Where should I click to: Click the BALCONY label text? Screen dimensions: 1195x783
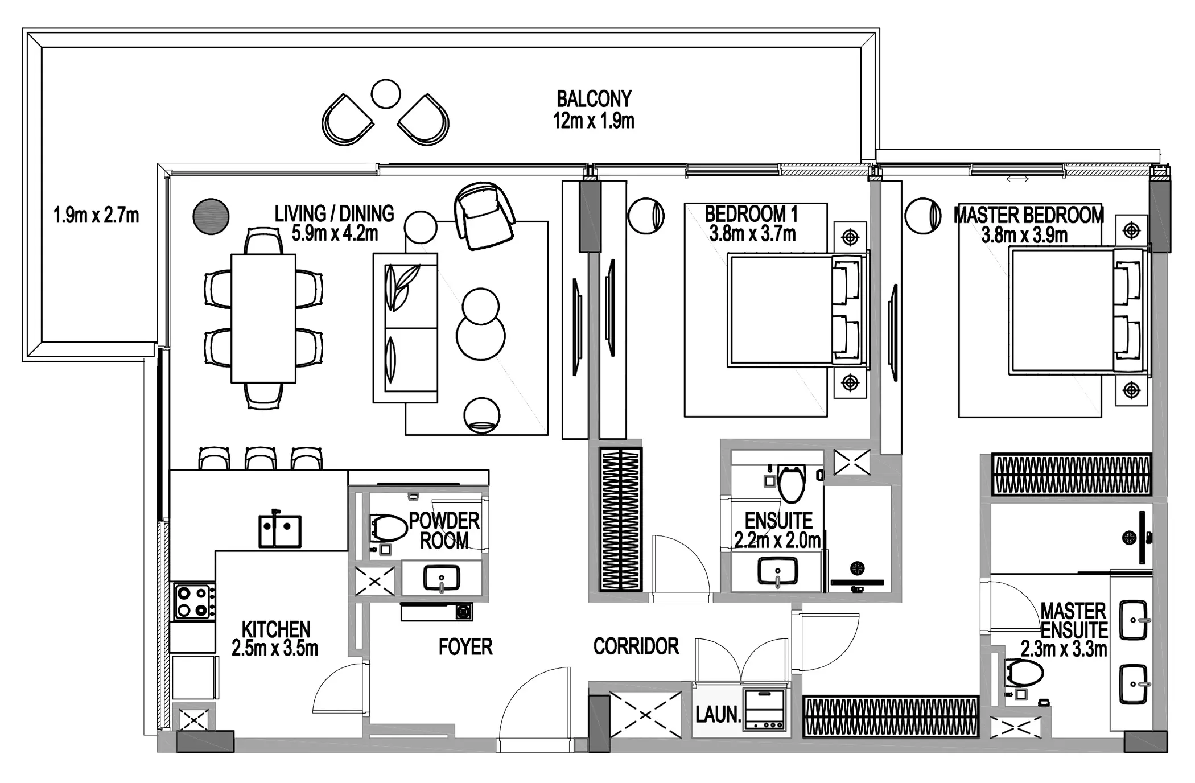(x=594, y=99)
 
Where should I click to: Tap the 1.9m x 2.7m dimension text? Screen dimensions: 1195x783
(x=96, y=215)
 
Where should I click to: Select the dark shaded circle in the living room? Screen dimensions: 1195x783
(x=211, y=216)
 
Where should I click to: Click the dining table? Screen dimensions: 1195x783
(x=263, y=318)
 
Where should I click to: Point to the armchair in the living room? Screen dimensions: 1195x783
(x=484, y=216)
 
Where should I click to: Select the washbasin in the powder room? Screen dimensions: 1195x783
(x=442, y=579)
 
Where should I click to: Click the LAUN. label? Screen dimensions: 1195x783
(x=718, y=714)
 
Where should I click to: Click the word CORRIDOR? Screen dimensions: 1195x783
(x=636, y=646)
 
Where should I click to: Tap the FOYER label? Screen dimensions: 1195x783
(x=465, y=646)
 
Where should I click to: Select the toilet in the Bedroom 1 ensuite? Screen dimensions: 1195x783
(x=792, y=483)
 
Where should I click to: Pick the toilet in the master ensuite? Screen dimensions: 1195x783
(x=1024, y=673)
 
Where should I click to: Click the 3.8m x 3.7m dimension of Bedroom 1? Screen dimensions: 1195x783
(x=752, y=234)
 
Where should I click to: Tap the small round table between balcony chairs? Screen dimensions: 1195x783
(x=385, y=94)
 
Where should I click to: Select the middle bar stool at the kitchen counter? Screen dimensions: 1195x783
(x=261, y=458)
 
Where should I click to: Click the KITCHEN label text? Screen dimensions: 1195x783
(x=276, y=629)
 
